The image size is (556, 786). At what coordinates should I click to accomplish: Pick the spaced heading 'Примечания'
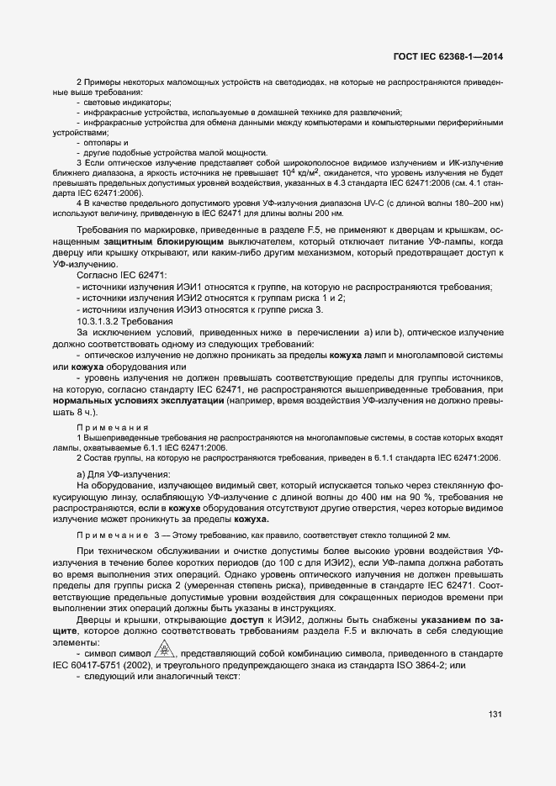pos(113,428)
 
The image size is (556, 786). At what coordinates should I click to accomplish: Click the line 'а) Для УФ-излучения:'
pos(123,475)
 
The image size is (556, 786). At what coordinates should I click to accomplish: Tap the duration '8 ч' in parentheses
pos(85,414)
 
